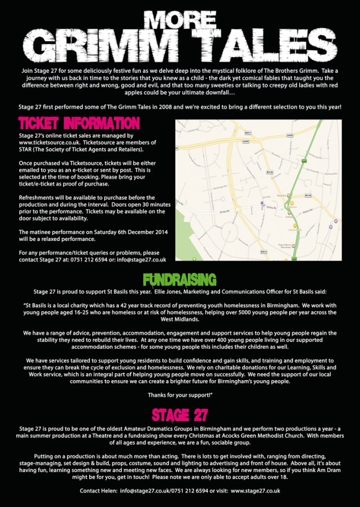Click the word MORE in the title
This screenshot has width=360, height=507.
tap(180, 20)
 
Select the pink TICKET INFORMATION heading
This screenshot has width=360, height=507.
tap(78, 123)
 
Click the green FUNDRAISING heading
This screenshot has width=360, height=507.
tap(179, 280)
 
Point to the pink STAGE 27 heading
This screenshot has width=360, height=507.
tap(180, 415)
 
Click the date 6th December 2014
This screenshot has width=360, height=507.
tap(130, 224)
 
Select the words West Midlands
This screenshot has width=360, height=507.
tap(179, 319)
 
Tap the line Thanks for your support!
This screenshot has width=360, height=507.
tap(180, 394)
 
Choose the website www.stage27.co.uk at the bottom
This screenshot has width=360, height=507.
tap(255, 491)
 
